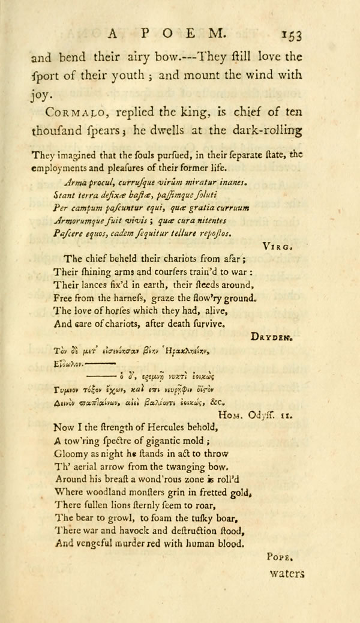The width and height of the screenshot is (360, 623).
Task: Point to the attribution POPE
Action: [x=278, y=557]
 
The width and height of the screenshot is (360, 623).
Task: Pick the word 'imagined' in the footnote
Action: [x=79, y=154]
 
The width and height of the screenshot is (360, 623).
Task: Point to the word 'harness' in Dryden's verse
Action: [x=133, y=298]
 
